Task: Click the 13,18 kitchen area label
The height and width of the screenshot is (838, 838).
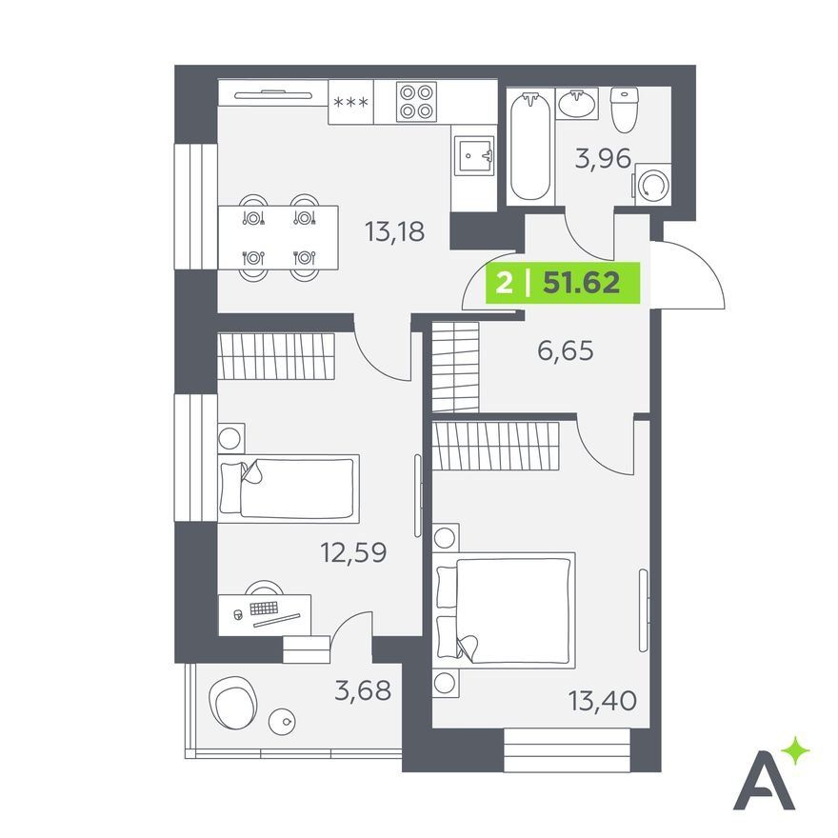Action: click(394, 232)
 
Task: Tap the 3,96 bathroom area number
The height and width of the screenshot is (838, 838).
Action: click(603, 159)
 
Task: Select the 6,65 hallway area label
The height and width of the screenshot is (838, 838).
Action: click(565, 351)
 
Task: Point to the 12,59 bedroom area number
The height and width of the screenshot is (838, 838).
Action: click(353, 552)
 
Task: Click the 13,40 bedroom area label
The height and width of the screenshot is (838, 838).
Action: click(602, 701)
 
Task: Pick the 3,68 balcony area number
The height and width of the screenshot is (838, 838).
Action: click(363, 690)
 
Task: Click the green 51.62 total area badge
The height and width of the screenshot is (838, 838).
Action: click(563, 283)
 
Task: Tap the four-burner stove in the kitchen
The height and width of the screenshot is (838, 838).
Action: click(416, 101)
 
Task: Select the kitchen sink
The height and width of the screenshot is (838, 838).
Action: click(474, 155)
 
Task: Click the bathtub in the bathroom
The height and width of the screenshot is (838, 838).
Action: click(529, 146)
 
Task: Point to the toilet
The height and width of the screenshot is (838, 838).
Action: click(625, 110)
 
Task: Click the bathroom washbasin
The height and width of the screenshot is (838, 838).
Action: click(577, 103)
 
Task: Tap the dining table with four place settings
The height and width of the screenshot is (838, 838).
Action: click(278, 237)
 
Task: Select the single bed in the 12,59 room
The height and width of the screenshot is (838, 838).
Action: click(288, 489)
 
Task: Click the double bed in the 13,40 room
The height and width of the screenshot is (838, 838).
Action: click(504, 610)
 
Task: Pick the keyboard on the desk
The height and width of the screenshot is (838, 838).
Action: click(264, 609)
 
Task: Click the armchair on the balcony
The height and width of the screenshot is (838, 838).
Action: click(232, 702)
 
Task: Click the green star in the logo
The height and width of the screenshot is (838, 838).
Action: click(795, 751)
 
